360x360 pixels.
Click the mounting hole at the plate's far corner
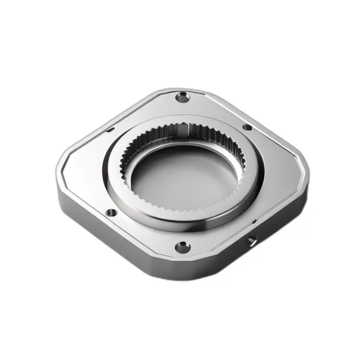(x=183, y=97)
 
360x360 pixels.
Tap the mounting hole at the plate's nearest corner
(x=182, y=246)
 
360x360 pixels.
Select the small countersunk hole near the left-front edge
(x=111, y=213)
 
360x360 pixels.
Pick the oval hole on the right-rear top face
(x=247, y=127)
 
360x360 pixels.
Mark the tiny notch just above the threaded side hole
(x=254, y=221)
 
